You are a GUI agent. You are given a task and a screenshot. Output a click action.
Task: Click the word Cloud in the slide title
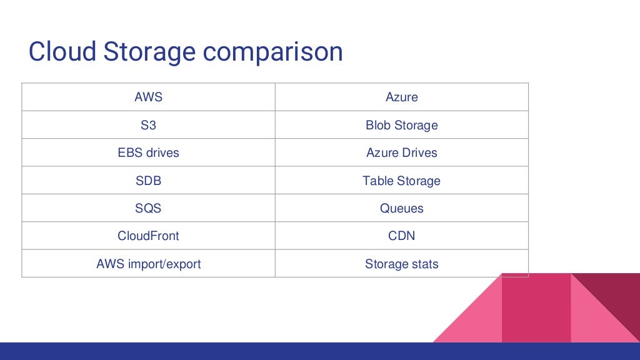(62, 52)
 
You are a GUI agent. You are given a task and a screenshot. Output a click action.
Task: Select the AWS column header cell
(148, 97)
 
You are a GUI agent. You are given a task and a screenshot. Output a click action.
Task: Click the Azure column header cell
(401, 97)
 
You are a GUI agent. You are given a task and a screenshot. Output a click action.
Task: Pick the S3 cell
(148, 125)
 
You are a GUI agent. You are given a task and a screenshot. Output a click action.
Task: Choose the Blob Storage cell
(401, 125)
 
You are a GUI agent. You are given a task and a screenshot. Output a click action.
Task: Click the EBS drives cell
(148, 152)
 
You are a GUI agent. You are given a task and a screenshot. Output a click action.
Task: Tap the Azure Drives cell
(401, 152)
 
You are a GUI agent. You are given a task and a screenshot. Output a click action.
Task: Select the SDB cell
(148, 181)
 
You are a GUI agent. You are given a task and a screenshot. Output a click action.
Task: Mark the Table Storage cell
(401, 181)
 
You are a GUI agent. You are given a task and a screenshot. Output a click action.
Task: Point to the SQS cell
(148, 208)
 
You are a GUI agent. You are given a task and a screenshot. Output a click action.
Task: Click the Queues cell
(401, 208)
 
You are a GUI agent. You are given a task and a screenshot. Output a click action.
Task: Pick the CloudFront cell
(148, 236)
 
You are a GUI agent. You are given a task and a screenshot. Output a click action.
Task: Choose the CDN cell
(401, 236)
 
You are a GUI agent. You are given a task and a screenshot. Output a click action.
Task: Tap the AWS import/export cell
(148, 264)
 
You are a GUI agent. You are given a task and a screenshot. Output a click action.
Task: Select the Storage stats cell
(401, 264)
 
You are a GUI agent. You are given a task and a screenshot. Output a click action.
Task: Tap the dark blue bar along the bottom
(250, 351)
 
